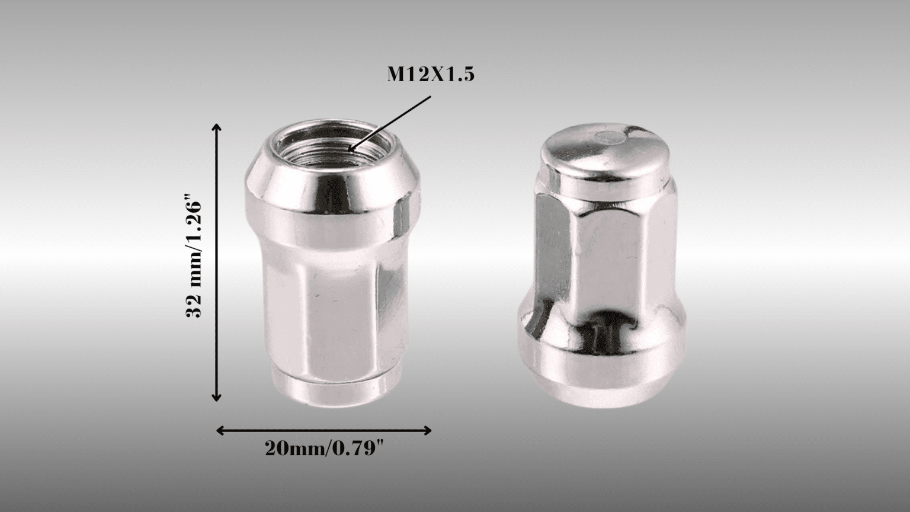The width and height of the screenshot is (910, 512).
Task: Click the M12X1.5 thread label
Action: [431, 75]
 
